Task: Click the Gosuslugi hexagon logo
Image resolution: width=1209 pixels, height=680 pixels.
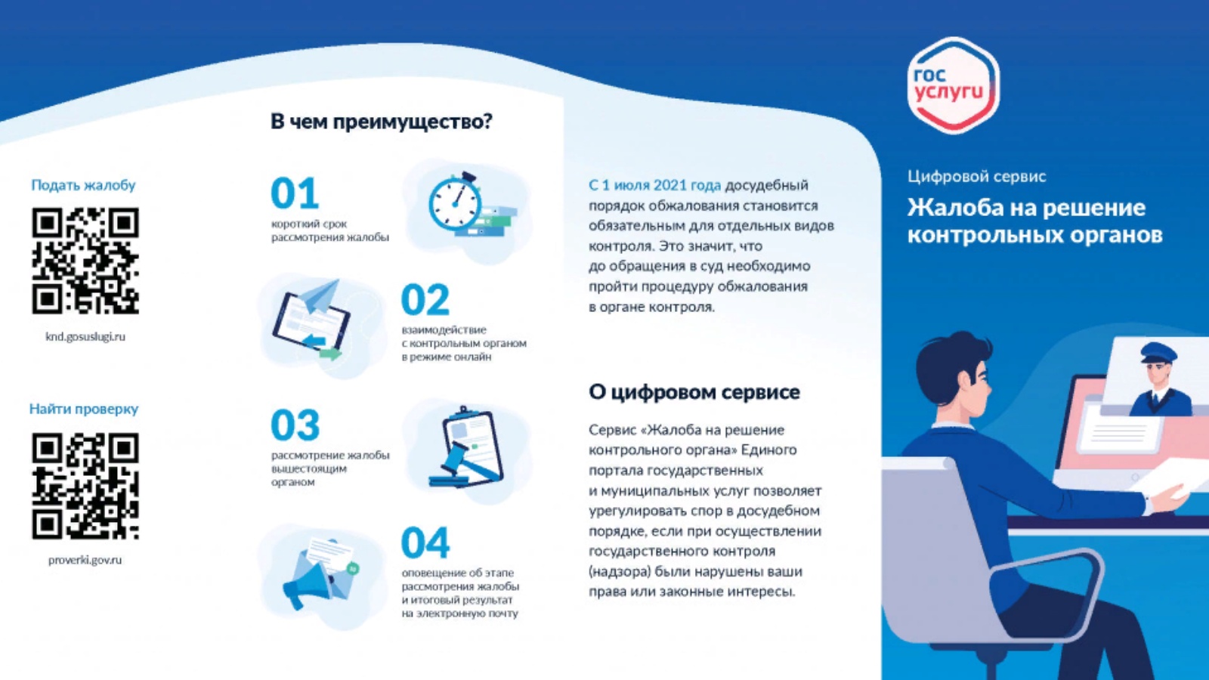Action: click(954, 85)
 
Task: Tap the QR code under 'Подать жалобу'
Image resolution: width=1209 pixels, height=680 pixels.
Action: click(85, 261)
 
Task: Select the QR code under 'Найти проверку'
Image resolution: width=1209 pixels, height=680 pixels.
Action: click(85, 486)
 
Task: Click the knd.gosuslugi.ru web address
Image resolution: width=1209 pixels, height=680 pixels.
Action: click(85, 337)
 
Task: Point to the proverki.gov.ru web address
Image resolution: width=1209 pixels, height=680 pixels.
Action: click(85, 560)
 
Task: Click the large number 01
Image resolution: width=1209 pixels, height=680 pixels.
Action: click(295, 193)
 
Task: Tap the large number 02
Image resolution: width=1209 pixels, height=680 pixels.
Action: click(425, 299)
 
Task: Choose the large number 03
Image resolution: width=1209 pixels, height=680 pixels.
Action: click(295, 425)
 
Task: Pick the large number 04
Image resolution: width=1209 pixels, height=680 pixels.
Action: click(425, 542)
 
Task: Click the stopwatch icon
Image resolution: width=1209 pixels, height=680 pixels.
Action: click(455, 202)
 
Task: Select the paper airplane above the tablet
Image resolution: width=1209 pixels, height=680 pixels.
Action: click(320, 296)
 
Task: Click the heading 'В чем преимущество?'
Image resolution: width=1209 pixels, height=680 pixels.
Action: click(382, 122)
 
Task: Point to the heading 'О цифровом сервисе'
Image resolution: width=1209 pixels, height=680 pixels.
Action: click(694, 392)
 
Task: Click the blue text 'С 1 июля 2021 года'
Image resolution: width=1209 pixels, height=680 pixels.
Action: click(654, 185)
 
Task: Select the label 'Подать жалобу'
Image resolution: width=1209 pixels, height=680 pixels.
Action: click(83, 185)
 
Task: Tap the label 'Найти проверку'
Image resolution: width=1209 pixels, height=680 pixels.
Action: click(84, 409)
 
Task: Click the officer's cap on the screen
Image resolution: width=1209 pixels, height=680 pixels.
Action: click(1158, 353)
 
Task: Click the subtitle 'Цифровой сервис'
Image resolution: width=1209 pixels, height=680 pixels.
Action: click(977, 177)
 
